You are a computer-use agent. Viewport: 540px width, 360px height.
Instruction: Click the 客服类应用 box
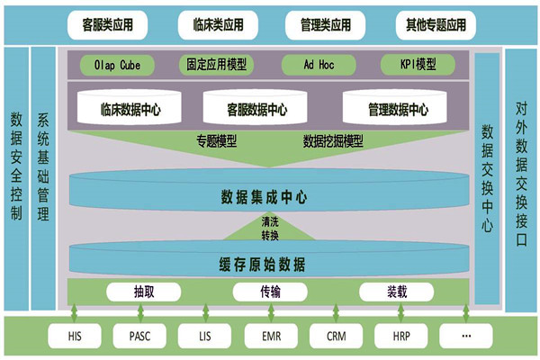coord(107,24)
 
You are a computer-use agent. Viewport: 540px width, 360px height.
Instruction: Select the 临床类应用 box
coord(213,24)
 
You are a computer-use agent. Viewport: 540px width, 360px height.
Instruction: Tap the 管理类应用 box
coord(319,24)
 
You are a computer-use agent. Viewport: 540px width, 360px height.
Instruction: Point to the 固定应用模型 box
coord(217,66)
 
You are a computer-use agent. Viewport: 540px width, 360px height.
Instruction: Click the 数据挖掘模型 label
coord(333,140)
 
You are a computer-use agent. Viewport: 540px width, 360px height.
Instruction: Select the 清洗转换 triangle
coord(270,229)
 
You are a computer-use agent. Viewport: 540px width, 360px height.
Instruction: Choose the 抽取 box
coord(145,292)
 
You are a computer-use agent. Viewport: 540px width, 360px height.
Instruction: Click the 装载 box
coord(397,292)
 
